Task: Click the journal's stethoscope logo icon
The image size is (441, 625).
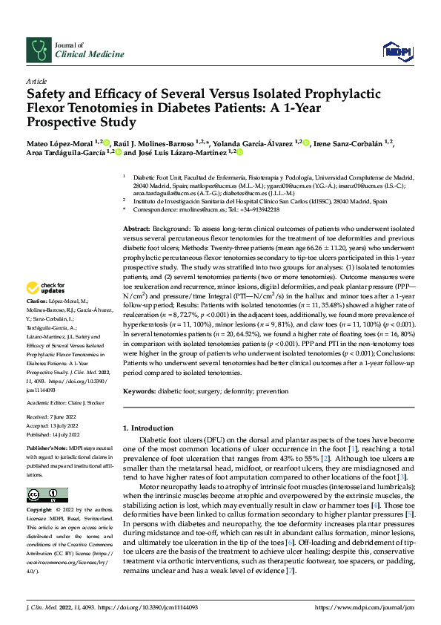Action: pyautogui.click(x=38, y=50)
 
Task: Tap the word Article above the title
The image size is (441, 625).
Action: pyautogui.click(x=36, y=80)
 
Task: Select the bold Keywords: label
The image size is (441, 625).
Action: pyautogui.click(x=141, y=390)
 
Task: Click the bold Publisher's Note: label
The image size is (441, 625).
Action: pyautogui.click(x=47, y=449)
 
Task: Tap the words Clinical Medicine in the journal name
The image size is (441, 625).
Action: pyautogui.click(x=84, y=54)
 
